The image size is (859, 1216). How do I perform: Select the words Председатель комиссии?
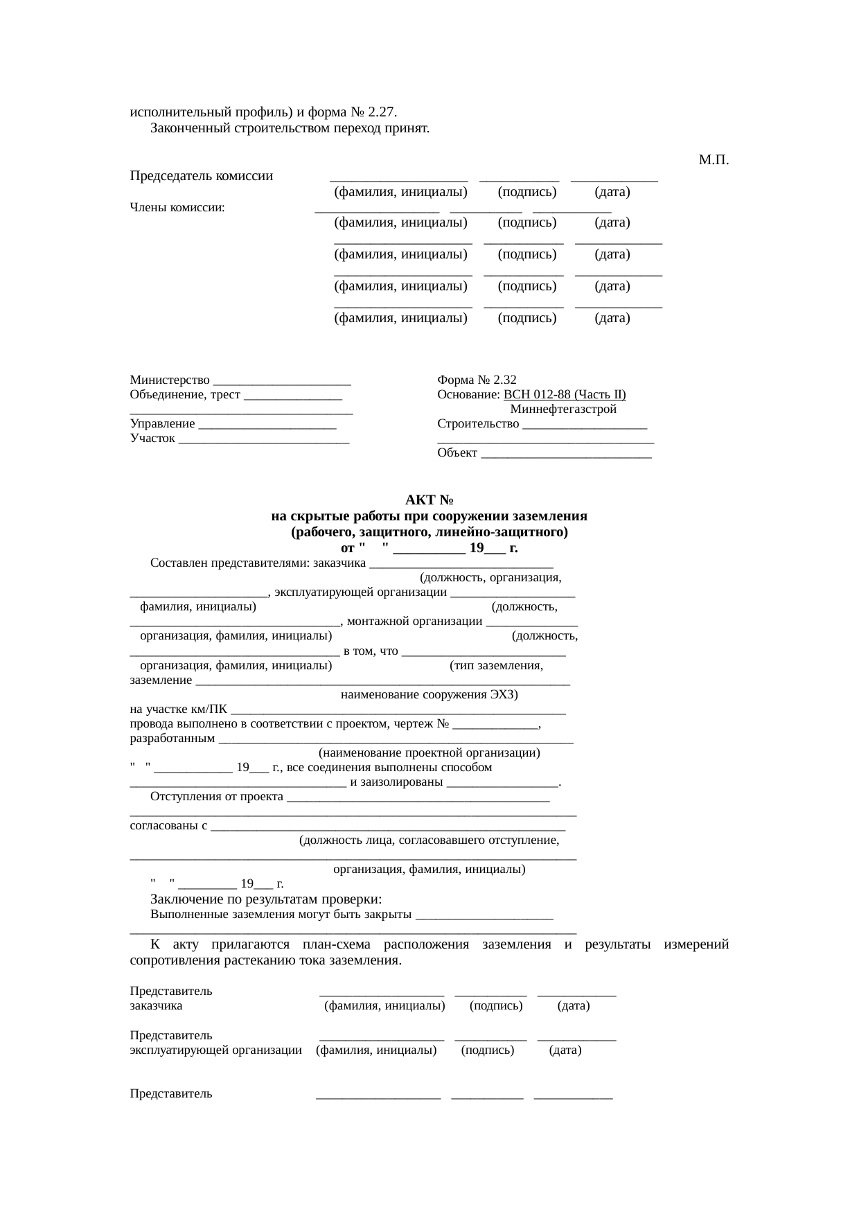[x=201, y=176]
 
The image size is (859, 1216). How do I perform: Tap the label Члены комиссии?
[x=177, y=207]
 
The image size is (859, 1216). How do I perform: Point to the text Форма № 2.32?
[x=477, y=380]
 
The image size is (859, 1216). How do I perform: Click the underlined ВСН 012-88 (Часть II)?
[x=565, y=395]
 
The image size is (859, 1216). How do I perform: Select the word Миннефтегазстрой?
[x=563, y=409]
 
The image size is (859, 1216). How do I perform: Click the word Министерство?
[x=170, y=380]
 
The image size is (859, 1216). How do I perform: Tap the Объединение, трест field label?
[x=185, y=395]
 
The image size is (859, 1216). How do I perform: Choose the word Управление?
[x=162, y=424]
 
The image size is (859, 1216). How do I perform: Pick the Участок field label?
[x=152, y=439]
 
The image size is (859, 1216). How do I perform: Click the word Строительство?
[x=478, y=424]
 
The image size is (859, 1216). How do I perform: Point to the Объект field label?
[x=457, y=453]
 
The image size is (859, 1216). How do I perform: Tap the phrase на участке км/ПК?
[x=179, y=709]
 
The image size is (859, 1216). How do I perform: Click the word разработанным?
[x=172, y=738]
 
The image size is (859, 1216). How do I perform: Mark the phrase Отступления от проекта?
[x=217, y=797]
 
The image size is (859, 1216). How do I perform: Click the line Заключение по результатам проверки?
[x=266, y=899]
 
